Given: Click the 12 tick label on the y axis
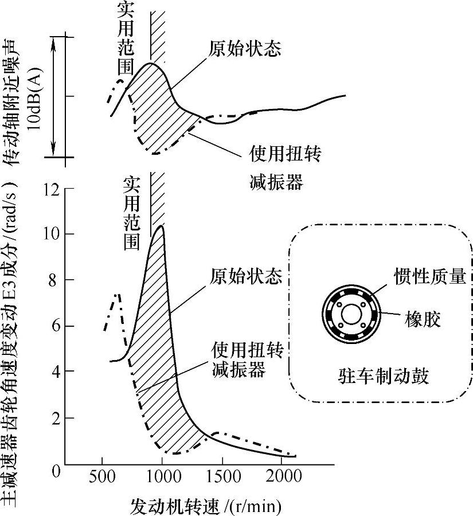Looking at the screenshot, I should coord(49,189).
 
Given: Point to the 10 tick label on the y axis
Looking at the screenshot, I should coord(49,234).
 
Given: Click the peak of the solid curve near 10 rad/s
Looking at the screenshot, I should coord(161,226).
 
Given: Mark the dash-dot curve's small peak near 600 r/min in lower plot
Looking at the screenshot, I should coord(118,295).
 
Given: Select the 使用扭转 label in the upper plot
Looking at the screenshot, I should coord(285,155).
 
